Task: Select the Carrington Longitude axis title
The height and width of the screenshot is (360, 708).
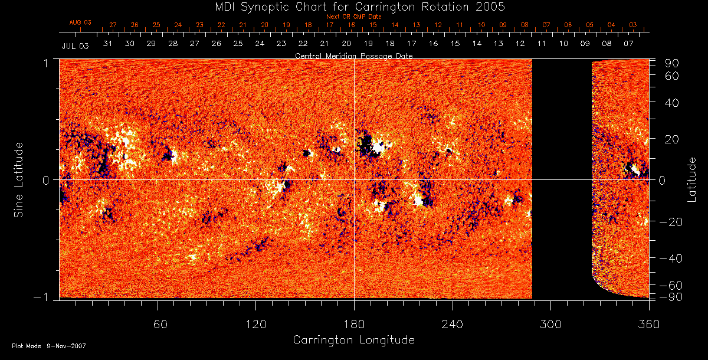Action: pyautogui.click(x=353, y=340)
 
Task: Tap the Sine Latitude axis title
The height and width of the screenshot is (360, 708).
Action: pyautogui.click(x=19, y=179)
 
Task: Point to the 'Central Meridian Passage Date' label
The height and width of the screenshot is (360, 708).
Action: pyautogui.click(x=353, y=55)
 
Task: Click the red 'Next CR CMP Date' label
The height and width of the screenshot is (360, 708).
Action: pyautogui.click(x=353, y=17)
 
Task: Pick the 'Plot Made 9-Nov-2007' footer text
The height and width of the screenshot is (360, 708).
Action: pyautogui.click(x=49, y=346)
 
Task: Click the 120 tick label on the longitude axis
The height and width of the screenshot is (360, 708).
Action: pyautogui.click(x=255, y=324)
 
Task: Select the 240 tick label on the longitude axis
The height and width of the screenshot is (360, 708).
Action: pyautogui.click(x=453, y=324)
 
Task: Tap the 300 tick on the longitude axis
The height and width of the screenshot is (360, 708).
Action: pyautogui.click(x=550, y=324)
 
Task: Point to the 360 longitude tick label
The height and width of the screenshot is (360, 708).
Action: pyautogui.click(x=649, y=324)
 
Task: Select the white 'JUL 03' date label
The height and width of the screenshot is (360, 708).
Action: pyautogui.click(x=75, y=45)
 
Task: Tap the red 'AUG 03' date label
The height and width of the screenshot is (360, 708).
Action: pyautogui.click(x=80, y=23)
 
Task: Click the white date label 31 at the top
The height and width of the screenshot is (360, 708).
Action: pyautogui.click(x=107, y=44)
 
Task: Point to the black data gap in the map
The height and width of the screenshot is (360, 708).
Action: pyautogui.click(x=562, y=177)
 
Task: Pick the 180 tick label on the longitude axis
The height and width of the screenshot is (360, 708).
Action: pyautogui.click(x=354, y=324)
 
